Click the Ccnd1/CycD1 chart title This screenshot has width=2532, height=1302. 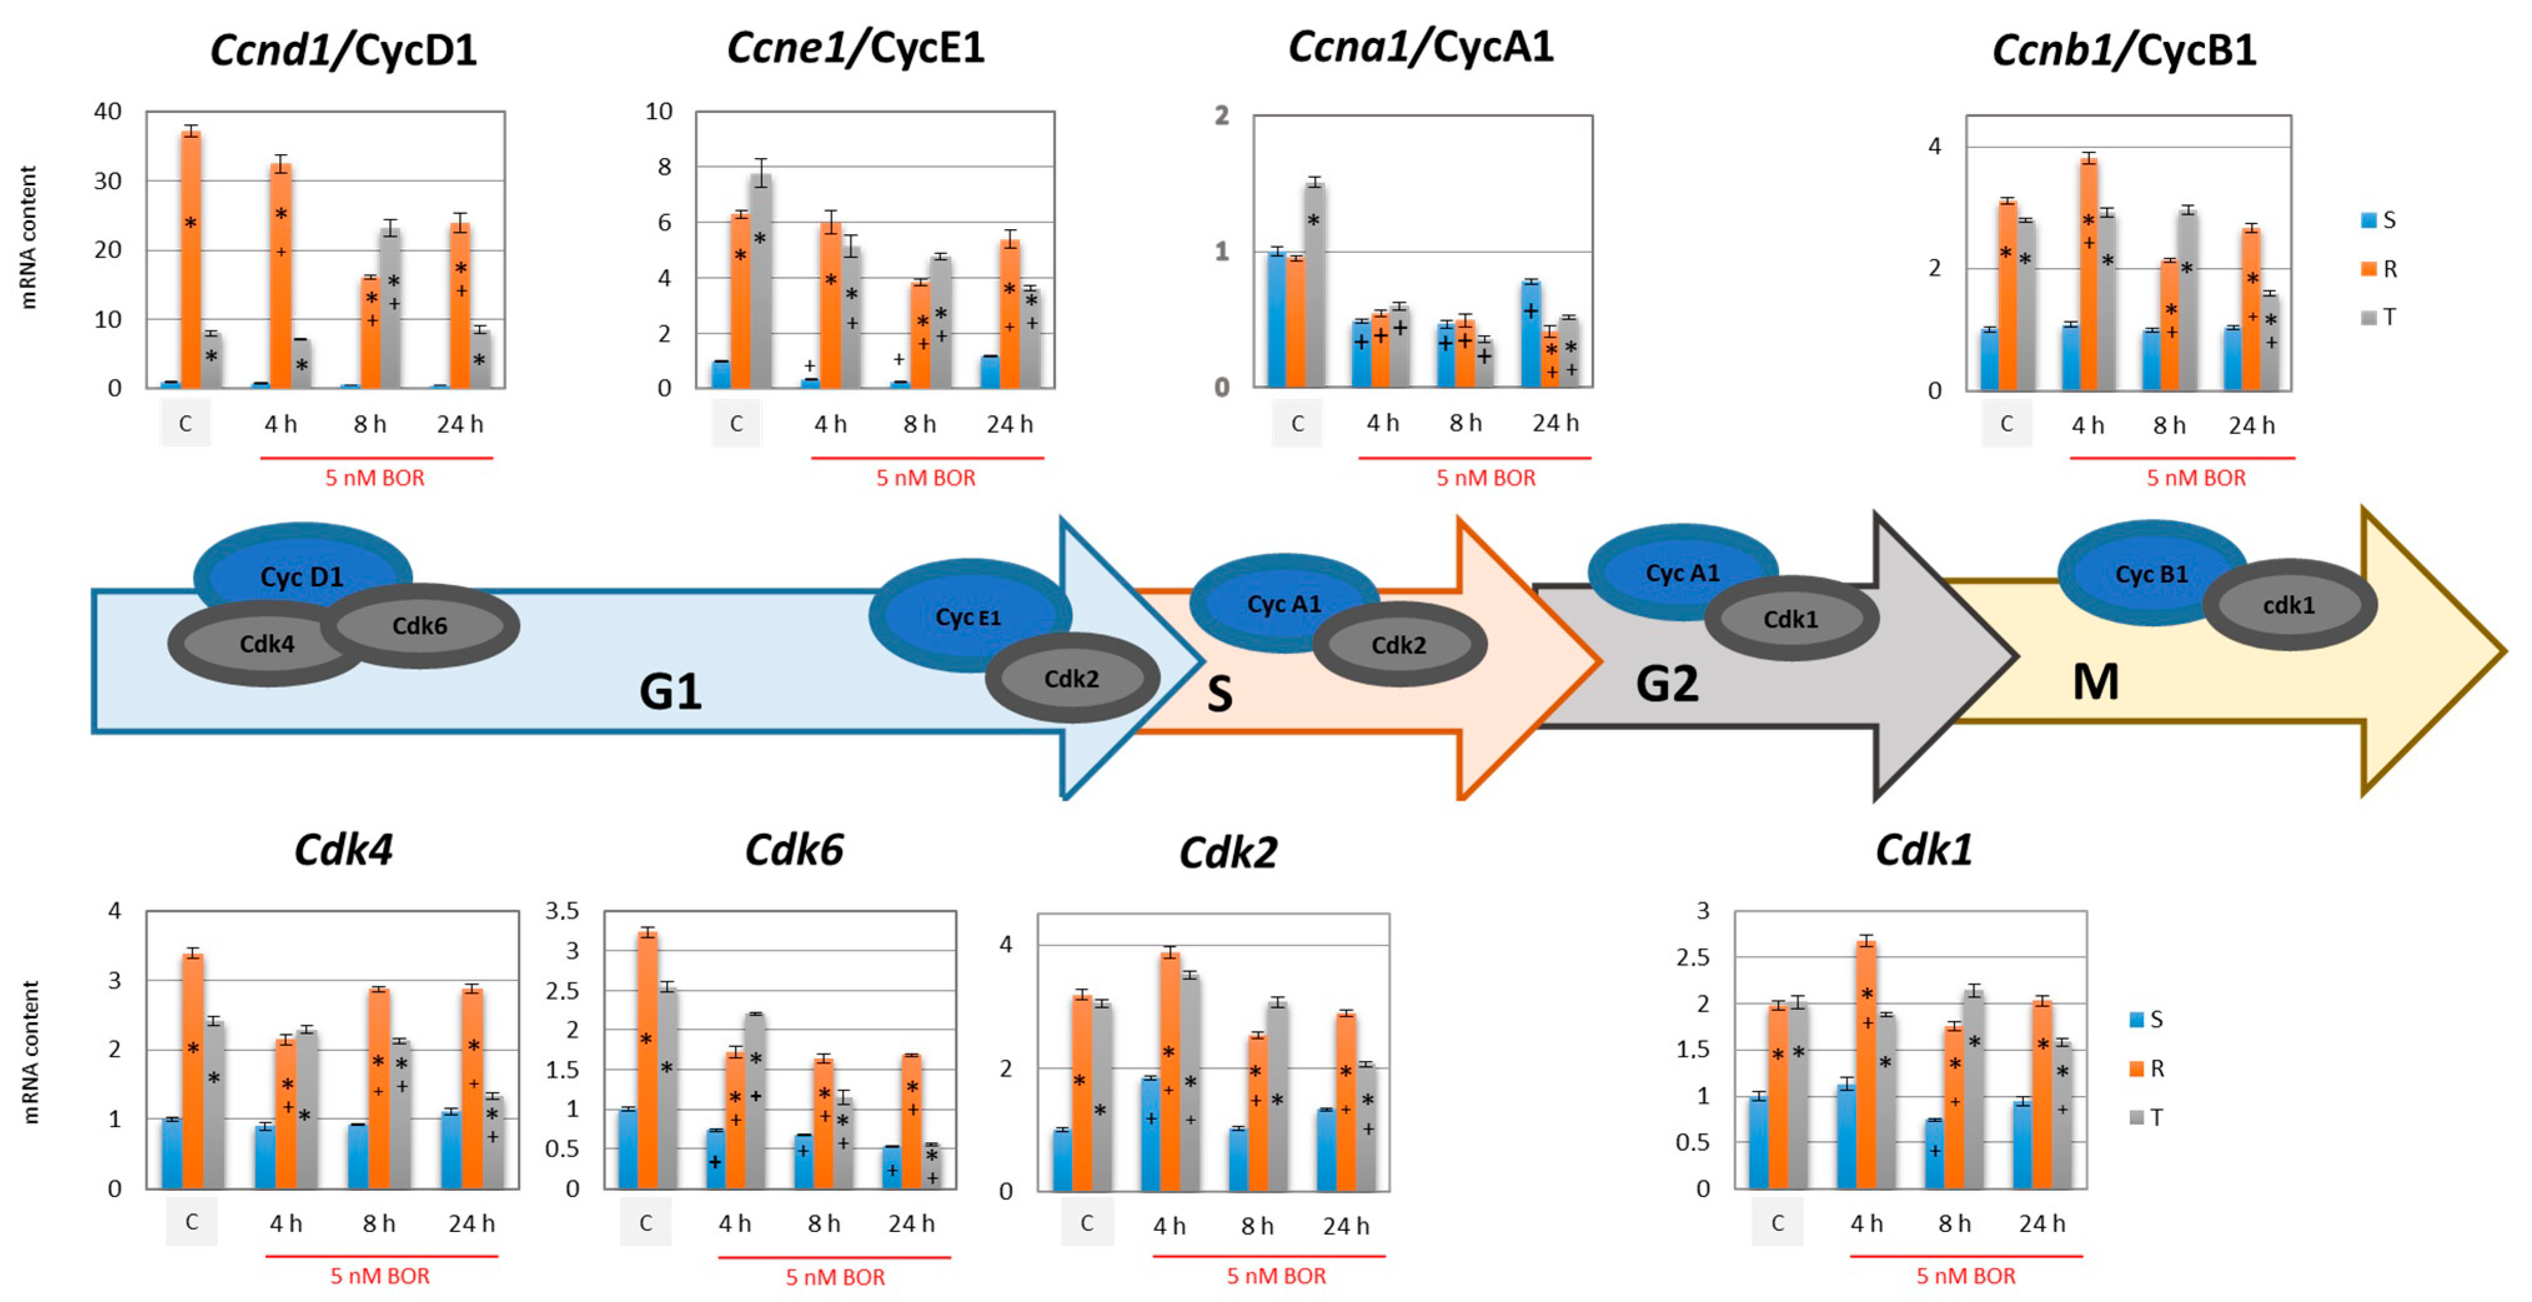[343, 49]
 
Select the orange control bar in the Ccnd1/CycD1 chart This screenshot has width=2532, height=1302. [190, 260]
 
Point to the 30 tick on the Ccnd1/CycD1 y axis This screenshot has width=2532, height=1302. [107, 181]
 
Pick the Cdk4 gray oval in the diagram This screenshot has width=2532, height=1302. [267, 644]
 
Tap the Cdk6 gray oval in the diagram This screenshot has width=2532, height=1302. [420, 626]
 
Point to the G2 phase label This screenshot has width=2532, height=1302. [1667, 683]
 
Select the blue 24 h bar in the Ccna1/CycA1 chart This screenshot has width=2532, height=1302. [1531, 334]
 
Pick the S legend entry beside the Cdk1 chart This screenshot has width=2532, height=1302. [2147, 1019]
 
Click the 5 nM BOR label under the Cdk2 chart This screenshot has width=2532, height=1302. [1276, 1275]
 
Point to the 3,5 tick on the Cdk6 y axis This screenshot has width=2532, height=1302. [562, 911]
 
